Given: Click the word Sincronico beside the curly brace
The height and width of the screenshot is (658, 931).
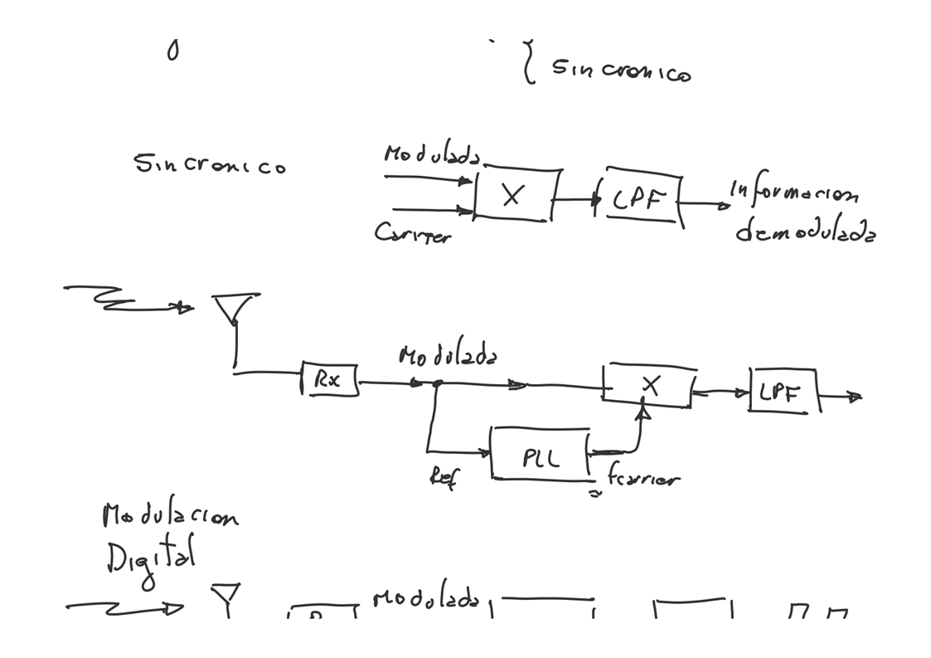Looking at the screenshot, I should tap(621, 71).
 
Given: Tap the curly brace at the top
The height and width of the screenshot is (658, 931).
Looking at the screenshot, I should tap(528, 62).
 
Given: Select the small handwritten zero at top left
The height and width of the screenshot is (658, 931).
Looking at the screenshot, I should tap(172, 51).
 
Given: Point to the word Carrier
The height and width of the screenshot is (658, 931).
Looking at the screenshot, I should tap(412, 233).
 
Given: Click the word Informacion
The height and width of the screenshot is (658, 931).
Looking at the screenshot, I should tap(793, 193).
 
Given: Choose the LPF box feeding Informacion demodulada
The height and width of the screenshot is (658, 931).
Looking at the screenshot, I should tap(642, 199).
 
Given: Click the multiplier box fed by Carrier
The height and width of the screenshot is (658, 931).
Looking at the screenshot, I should tap(515, 196).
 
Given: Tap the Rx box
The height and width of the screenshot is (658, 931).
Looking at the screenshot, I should tap(330, 380).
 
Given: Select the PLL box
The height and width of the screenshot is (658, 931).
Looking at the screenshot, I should tap(541, 455).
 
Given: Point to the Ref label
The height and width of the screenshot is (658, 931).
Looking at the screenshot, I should tap(443, 476).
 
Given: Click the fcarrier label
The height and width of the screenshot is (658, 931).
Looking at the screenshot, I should tap(642, 478).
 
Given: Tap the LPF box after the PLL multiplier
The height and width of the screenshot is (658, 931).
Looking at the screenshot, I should tap(783, 392).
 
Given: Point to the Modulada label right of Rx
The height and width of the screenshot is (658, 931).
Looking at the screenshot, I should tap(448, 357).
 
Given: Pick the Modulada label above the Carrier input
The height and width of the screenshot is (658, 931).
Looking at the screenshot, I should tap(431, 155).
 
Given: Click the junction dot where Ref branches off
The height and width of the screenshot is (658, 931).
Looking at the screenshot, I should tap(437, 383).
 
